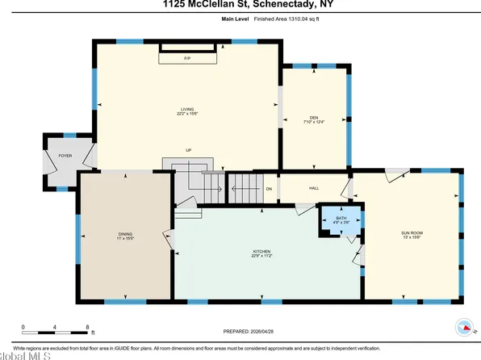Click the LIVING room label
click(188, 108)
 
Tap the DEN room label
click(315, 117)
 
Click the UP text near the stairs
click(188, 150)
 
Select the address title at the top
click(240, 6)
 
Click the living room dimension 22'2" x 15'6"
click(188, 114)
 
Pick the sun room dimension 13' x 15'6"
click(412, 237)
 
